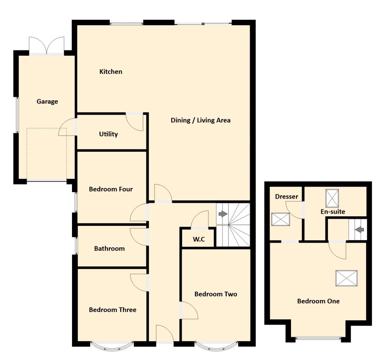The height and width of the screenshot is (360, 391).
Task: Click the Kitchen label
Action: [x=111, y=72]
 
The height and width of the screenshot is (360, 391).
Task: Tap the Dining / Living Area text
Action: [x=200, y=120]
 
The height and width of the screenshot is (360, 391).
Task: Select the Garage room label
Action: [x=47, y=102]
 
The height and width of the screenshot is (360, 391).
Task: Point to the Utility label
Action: [x=108, y=134]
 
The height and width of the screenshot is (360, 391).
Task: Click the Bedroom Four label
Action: [x=111, y=189]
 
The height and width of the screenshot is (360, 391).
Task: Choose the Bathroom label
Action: [x=109, y=249]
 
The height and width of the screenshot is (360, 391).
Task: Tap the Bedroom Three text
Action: [x=112, y=310]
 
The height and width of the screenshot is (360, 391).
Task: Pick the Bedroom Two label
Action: [x=216, y=294]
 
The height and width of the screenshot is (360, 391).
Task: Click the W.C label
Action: [x=199, y=239]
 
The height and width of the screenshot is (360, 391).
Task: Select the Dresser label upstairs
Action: [x=286, y=197]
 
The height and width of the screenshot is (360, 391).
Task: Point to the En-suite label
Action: [x=333, y=212]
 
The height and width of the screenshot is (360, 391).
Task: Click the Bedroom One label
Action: [x=318, y=301]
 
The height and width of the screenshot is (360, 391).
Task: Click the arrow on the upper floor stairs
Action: [x=359, y=230]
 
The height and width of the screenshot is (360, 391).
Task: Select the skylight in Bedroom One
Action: [x=346, y=278]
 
